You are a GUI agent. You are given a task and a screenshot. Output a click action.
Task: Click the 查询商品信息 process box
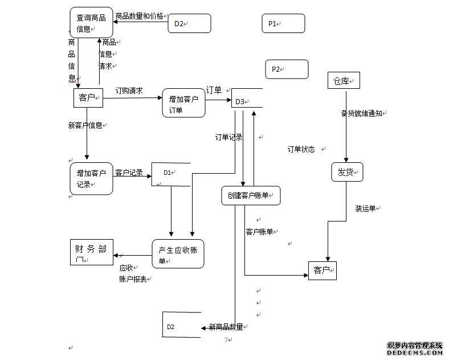[x=91, y=23]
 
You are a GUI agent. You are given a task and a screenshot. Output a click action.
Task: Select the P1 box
[x=284, y=24]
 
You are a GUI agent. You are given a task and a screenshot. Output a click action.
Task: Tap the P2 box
[x=287, y=69]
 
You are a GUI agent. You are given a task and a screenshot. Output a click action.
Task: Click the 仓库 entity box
[x=344, y=81]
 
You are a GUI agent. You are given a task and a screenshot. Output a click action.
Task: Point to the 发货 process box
[x=347, y=171]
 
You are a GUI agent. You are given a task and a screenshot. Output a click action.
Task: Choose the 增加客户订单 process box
[x=183, y=103]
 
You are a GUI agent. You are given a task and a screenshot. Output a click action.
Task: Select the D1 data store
[x=170, y=174]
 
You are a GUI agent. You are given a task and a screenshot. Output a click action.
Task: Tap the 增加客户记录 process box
[x=91, y=179]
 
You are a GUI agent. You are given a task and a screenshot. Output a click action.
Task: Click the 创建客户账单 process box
[x=251, y=195]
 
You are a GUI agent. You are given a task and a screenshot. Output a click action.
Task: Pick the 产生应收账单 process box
[x=178, y=254]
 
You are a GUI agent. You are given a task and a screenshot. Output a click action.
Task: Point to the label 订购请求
[x=129, y=91]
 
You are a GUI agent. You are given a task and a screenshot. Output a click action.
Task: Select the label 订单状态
[x=301, y=149]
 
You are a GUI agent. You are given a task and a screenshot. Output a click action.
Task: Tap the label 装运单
[x=365, y=208]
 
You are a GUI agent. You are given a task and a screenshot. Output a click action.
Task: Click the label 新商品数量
[x=226, y=327]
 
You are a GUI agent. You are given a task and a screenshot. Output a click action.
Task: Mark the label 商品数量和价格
[x=139, y=16]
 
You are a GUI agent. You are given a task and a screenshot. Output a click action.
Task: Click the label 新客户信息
[x=85, y=125]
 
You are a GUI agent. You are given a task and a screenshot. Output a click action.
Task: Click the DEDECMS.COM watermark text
[x=414, y=353]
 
